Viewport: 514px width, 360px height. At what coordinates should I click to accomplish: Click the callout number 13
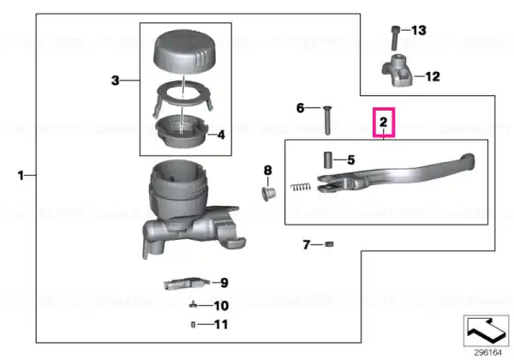click(419, 30)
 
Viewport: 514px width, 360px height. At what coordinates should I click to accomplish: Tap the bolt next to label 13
click(396, 38)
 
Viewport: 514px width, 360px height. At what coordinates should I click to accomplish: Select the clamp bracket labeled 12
click(397, 69)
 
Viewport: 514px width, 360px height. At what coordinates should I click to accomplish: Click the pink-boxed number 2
click(384, 122)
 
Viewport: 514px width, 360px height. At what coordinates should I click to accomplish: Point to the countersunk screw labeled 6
click(327, 120)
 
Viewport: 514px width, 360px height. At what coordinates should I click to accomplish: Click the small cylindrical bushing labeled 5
click(328, 160)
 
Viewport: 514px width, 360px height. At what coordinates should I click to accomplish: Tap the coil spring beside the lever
click(301, 187)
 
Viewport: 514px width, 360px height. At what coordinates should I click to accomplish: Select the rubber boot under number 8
click(269, 194)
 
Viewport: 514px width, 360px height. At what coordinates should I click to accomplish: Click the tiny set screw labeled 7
click(329, 244)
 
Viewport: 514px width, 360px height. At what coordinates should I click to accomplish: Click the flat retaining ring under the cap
click(182, 95)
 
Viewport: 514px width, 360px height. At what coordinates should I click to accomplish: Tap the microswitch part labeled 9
click(186, 283)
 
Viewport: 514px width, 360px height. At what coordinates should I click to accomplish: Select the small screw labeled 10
click(194, 305)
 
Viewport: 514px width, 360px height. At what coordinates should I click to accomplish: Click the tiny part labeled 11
click(193, 325)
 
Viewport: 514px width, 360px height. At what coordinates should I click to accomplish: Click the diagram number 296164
click(488, 353)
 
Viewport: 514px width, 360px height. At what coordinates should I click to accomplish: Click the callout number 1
click(21, 176)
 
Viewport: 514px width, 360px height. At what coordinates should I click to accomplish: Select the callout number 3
click(115, 81)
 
